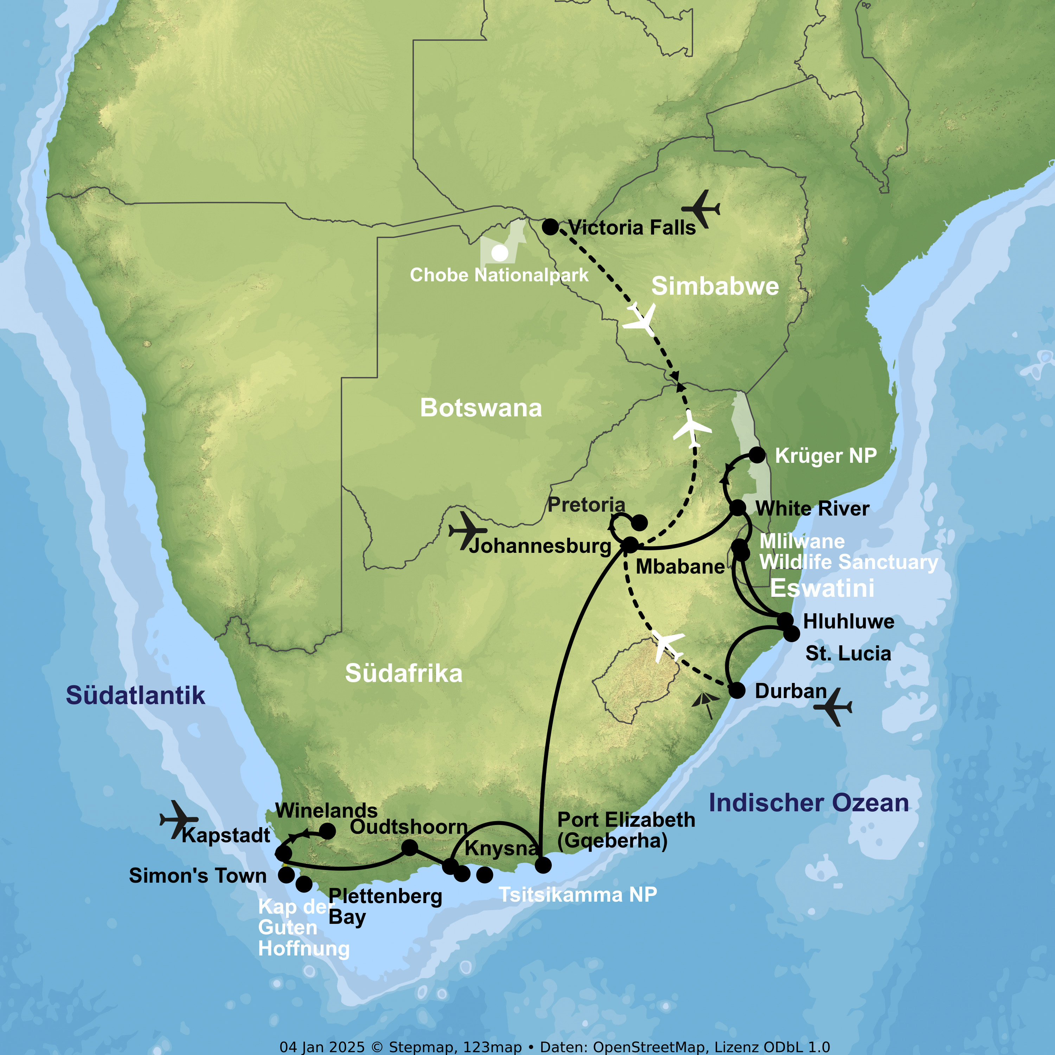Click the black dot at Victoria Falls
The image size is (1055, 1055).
click(550, 226)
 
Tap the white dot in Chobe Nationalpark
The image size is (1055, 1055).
click(500, 253)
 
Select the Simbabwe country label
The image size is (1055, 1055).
click(715, 287)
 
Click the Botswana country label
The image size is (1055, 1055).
click(480, 408)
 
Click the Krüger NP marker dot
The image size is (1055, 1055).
click(757, 455)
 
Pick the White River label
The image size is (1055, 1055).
click(812, 509)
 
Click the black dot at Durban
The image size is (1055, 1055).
click(737, 691)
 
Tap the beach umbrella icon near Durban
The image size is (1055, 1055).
click(705, 704)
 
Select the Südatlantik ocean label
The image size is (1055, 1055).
click(135, 696)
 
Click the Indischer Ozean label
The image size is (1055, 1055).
click(809, 803)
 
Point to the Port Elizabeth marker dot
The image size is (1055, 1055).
click(543, 865)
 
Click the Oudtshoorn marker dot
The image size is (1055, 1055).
click(410, 848)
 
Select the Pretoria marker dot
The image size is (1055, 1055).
click(639, 523)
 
